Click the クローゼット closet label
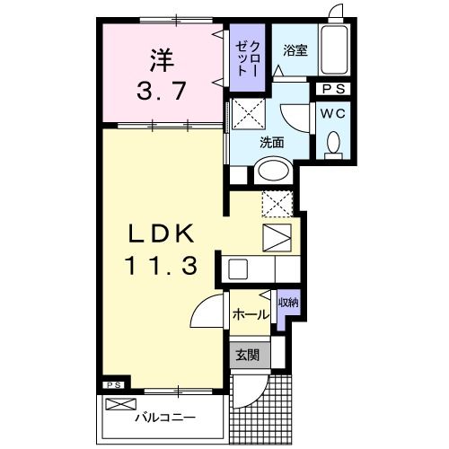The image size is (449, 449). coord(248,59)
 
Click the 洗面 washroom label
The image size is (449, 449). coord(272,142)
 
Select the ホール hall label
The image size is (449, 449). coord(250,314)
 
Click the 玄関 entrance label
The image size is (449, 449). coord(248,355)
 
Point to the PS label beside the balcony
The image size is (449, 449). coord(113,385)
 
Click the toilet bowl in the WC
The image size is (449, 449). coord(332,144)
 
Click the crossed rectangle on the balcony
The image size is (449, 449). coord(124,404)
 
